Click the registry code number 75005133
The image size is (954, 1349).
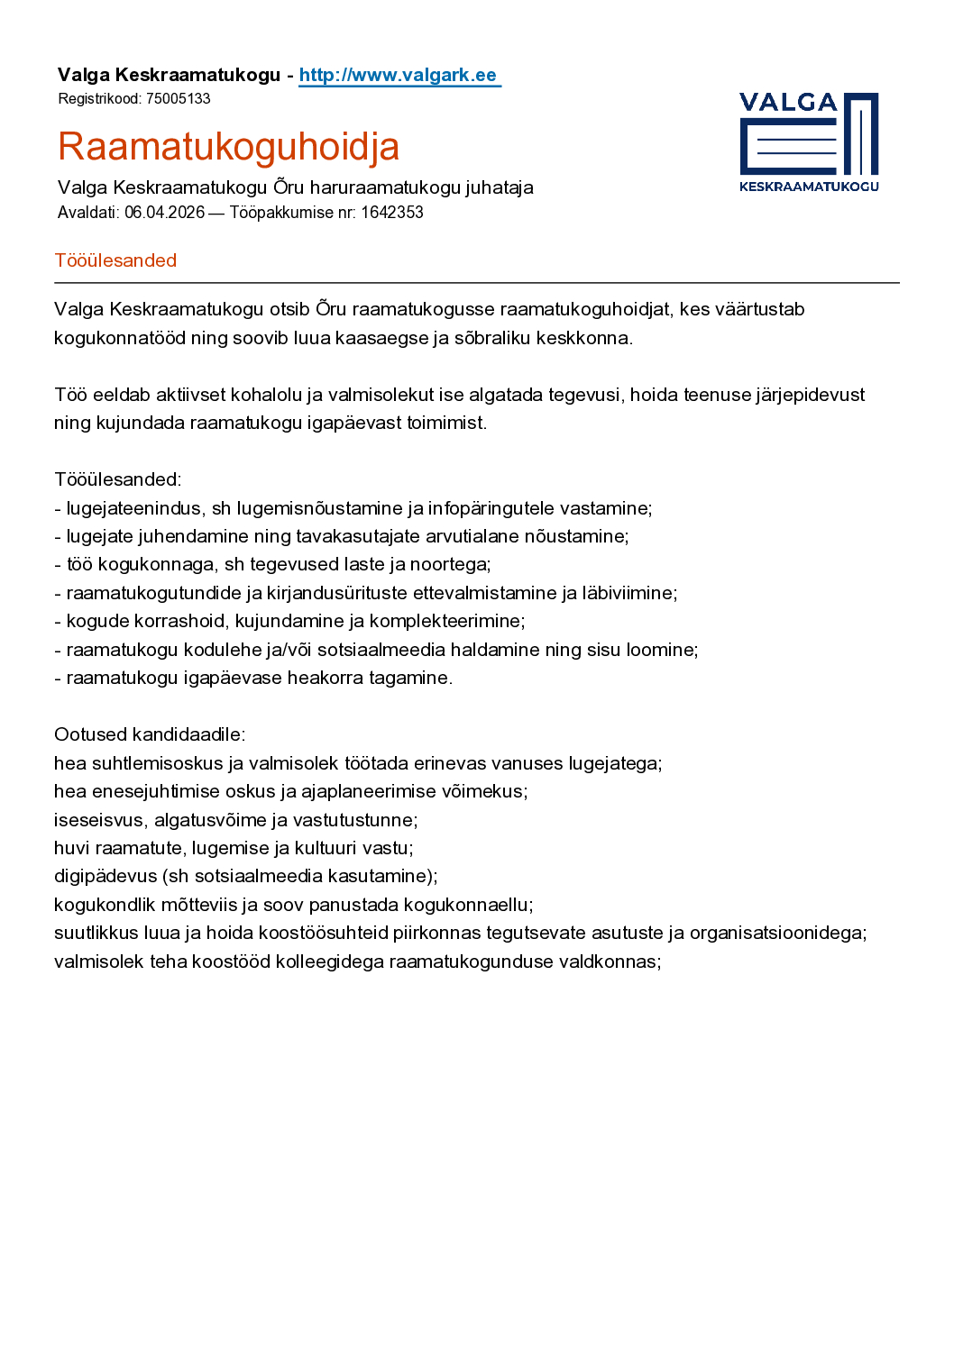click(x=179, y=98)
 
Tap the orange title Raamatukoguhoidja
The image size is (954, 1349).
click(x=228, y=146)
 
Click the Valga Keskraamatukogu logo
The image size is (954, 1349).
click(x=809, y=142)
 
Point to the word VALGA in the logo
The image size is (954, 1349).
click(x=788, y=103)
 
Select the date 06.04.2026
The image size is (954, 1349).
click(x=164, y=213)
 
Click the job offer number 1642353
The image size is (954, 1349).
click(x=392, y=213)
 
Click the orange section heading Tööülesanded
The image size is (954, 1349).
click(x=115, y=260)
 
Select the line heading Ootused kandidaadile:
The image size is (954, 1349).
click(x=150, y=734)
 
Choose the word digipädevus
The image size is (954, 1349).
click(x=105, y=876)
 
